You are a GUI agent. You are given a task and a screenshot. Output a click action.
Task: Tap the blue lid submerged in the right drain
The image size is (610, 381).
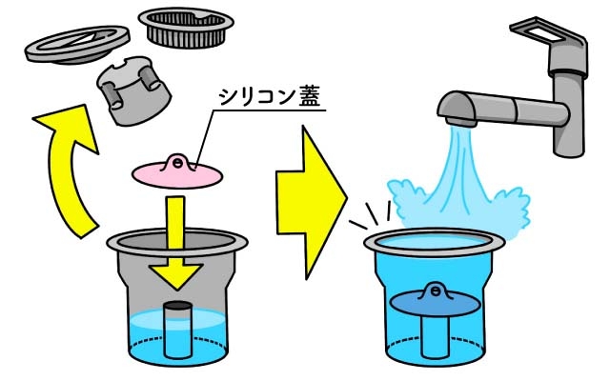click(435, 300)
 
